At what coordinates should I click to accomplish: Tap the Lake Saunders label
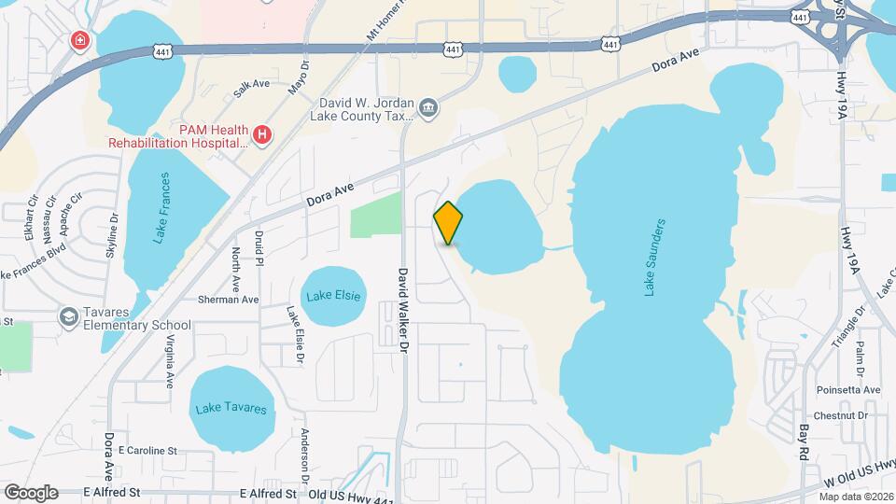[655, 258]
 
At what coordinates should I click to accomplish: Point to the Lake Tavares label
[231, 409]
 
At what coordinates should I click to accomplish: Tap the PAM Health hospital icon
[262, 135]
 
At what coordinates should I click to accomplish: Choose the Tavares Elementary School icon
[68, 317]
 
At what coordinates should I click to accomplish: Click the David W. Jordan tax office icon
[427, 108]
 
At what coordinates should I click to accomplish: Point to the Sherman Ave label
[228, 300]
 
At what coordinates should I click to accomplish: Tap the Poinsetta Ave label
[847, 389]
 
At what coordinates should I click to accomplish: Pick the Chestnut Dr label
[841, 415]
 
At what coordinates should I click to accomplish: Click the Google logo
[31, 492]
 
